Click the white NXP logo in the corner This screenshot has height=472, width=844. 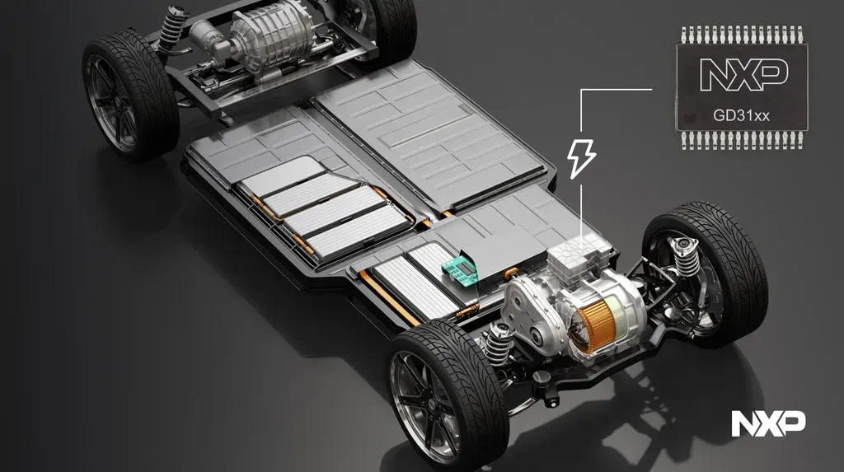click(767, 424)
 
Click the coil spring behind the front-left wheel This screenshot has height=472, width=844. click(496, 343)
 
